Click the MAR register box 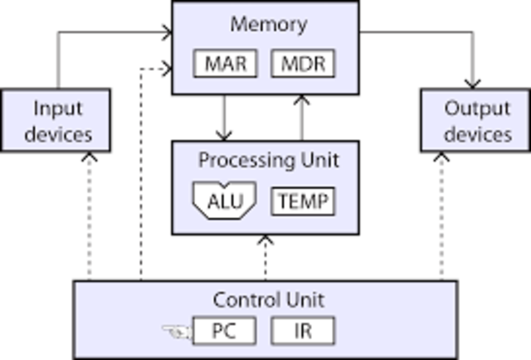click(226, 64)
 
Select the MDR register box click(303, 64)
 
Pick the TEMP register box click(303, 201)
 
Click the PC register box click(224, 331)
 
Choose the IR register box click(303, 331)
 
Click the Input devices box click(56, 120)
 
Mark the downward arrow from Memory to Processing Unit click(223, 118)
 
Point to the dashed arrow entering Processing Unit click(265, 257)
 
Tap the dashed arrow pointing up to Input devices click(89, 216)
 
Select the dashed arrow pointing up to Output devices click(441, 216)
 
